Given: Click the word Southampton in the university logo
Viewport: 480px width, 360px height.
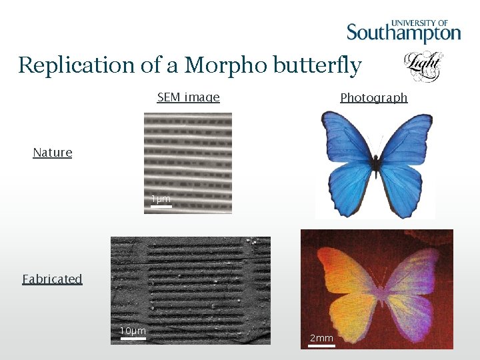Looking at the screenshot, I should coord(403,33).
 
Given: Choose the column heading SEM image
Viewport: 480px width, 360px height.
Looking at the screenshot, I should coord(188,97).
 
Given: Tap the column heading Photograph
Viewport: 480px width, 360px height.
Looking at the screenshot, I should coord(373,98).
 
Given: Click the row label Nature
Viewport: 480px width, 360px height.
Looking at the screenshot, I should coord(53,153).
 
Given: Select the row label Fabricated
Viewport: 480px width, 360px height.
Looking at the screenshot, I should coord(52,279).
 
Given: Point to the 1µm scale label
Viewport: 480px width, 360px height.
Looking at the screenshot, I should coord(161,199).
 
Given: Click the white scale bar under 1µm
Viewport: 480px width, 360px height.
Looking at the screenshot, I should coord(161,207).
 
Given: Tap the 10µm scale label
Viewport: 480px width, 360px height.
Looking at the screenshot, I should coord(133,331).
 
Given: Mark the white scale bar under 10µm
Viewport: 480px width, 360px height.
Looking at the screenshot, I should coord(133,339).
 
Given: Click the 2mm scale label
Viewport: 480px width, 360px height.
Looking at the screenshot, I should coord(321,338).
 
